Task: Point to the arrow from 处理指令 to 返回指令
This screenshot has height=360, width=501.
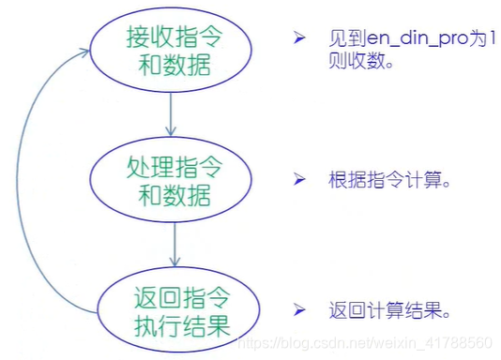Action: coord(175,248)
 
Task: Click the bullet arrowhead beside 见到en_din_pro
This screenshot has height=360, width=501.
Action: coord(299,40)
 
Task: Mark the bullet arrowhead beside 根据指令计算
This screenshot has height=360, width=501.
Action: coord(299,179)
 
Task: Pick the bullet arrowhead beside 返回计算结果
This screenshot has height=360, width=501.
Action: coord(299,309)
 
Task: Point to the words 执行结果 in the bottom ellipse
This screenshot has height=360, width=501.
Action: coord(176,326)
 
